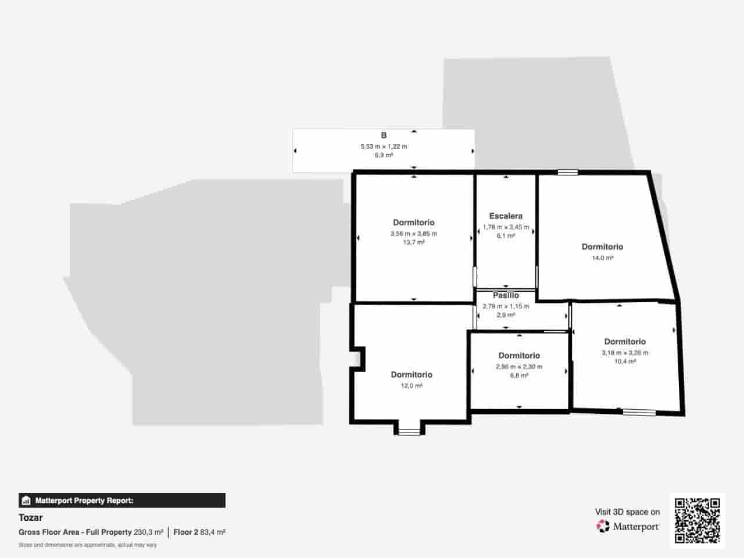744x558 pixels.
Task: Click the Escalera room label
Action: (506, 216)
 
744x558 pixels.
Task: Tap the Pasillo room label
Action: (506, 295)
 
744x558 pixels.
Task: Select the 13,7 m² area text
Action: (413, 242)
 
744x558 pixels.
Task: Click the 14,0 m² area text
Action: (602, 257)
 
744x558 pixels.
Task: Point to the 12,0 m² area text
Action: (411, 385)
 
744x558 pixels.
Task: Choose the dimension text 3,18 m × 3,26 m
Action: (625, 352)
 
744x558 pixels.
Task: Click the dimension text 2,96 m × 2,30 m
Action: (519, 367)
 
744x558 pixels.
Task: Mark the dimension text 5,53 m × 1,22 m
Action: (384, 146)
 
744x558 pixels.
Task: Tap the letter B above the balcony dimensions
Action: (384, 135)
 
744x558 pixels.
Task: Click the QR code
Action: (697, 520)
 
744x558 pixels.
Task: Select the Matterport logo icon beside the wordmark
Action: (603, 526)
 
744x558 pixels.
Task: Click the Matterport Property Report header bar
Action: (122, 500)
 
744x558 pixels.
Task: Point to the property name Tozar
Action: (31, 517)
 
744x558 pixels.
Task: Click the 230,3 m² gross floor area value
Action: (148, 532)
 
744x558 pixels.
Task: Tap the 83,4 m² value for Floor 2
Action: (213, 532)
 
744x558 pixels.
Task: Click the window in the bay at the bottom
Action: (409, 431)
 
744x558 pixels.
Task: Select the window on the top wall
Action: (568, 172)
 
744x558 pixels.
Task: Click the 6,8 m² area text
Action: (519, 375)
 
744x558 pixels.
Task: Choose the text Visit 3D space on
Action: (627, 512)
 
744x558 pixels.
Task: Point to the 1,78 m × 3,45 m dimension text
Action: (506, 227)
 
